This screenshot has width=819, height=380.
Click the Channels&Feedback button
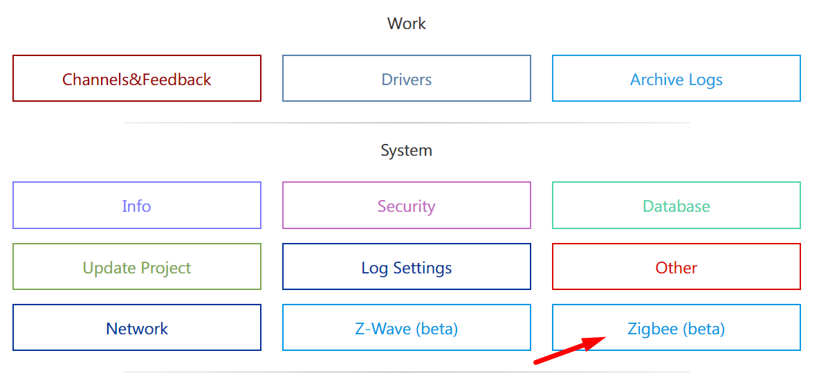[137, 79]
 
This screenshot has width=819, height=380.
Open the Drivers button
[407, 79]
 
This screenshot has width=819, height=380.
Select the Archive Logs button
[677, 79]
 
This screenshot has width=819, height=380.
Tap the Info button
[137, 206]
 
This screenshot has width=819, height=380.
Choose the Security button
[407, 206]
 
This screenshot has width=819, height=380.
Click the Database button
[677, 206]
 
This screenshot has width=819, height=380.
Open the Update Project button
[137, 267]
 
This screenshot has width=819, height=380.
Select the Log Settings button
[407, 267]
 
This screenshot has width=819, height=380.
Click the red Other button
[677, 267]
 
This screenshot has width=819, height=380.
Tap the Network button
[137, 328]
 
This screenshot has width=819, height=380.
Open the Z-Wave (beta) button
[407, 328]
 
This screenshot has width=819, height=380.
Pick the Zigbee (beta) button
[677, 328]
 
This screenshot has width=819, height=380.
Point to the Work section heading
[407, 24]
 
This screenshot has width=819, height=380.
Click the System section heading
[407, 150]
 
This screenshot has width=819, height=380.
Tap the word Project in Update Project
[163, 268]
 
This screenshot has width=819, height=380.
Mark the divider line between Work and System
[407, 123]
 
